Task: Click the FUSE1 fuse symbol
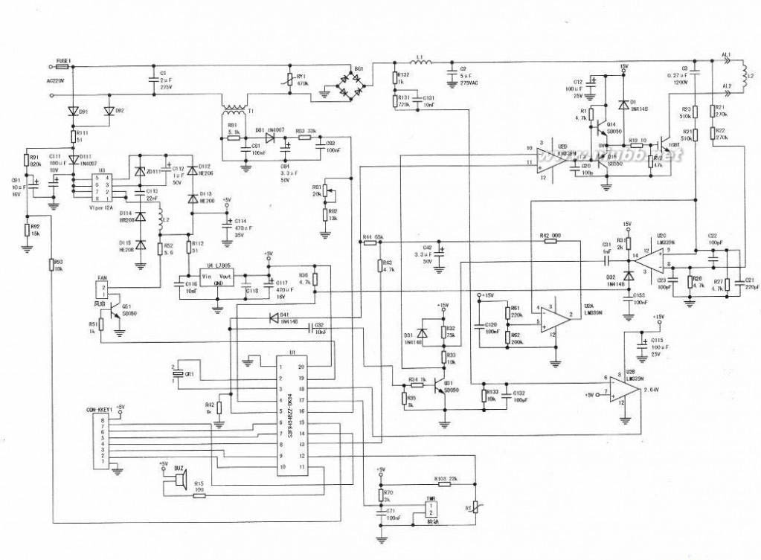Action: [62, 65]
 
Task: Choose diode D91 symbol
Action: [74, 112]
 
